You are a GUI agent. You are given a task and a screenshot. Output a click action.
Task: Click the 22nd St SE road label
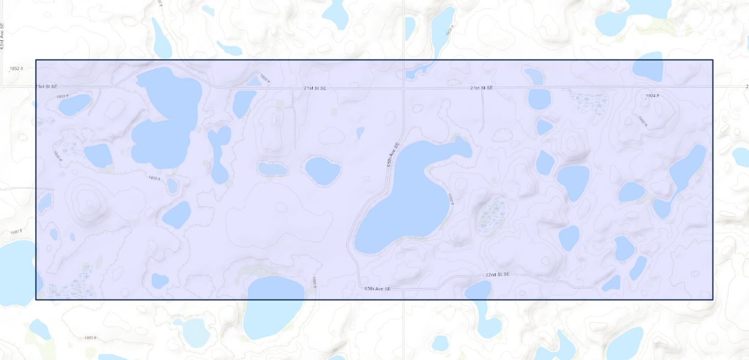coord(498,274)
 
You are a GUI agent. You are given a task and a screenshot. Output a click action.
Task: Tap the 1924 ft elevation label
coord(652,96)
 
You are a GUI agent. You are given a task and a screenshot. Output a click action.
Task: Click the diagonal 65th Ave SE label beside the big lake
coord(393,155)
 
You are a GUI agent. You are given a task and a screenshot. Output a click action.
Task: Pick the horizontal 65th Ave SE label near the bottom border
coord(378,289)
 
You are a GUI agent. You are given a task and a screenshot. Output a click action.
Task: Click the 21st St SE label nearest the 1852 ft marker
coord(46,87)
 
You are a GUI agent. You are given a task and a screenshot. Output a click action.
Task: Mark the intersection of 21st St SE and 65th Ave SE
coord(403,88)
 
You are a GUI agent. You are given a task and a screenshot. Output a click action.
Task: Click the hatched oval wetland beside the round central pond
coord(272,168)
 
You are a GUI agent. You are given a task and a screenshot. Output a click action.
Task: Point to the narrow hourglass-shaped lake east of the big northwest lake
coord(219,153)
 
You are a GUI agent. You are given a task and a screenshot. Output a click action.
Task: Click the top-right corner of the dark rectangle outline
coord(713,60)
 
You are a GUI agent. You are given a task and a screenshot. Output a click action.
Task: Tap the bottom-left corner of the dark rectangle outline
coord(36,299)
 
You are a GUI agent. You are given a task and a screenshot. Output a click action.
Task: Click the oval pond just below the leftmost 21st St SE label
coord(74,104)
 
